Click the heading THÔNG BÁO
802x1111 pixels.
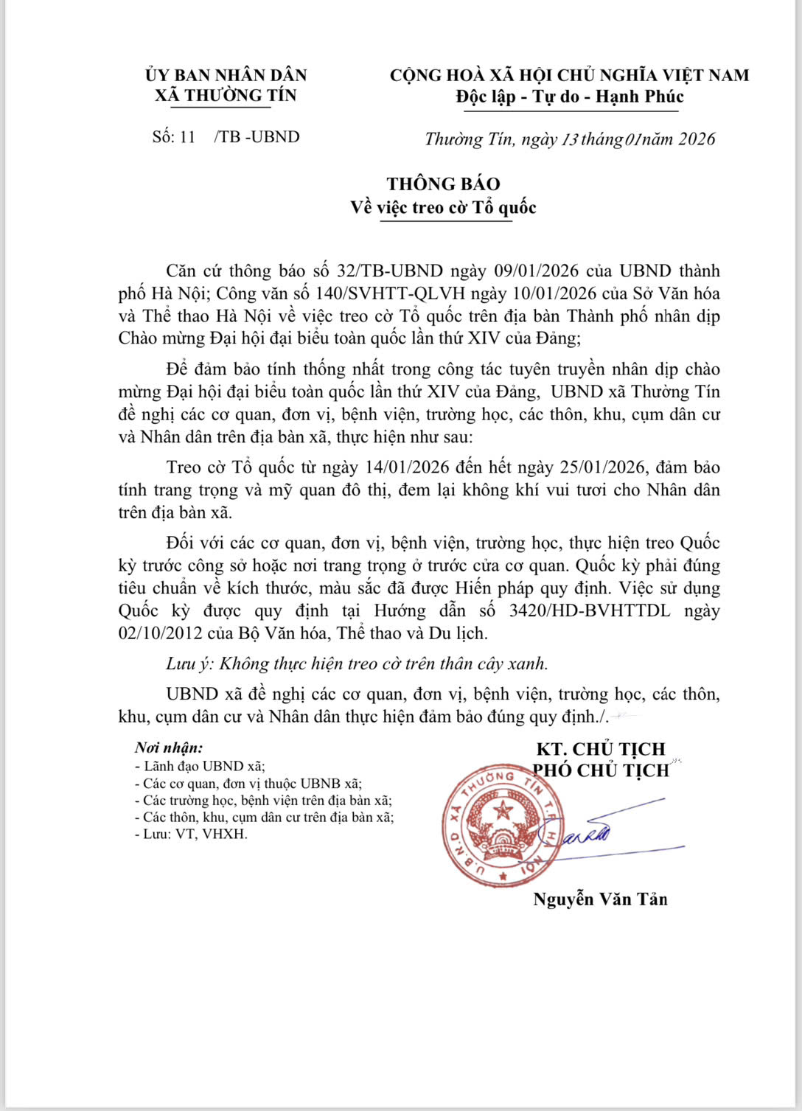pyautogui.click(x=443, y=184)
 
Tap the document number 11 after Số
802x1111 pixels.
pyautogui.click(x=187, y=137)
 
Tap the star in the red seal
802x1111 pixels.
pyautogui.click(x=503, y=811)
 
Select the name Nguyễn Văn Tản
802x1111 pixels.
pyautogui.click(x=600, y=899)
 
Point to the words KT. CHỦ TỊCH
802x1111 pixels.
pyautogui.click(x=600, y=749)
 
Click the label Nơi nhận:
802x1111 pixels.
pyautogui.click(x=169, y=748)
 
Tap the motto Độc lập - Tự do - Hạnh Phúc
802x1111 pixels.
pyautogui.click(x=570, y=97)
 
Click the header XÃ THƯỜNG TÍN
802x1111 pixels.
pyautogui.click(x=226, y=96)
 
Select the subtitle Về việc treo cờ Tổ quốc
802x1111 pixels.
pyautogui.click(x=443, y=208)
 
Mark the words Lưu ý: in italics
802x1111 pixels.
pyautogui.click(x=189, y=664)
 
